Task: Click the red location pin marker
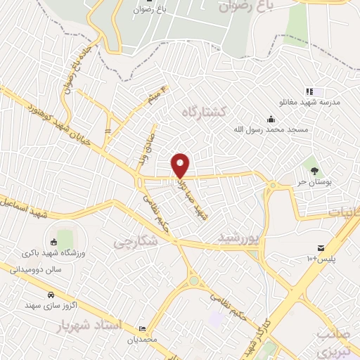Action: coord(181,165)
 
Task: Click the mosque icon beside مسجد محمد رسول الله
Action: coord(271,118)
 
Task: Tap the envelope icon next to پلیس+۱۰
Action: coord(321,247)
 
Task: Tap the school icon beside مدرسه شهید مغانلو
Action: coord(309,91)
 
